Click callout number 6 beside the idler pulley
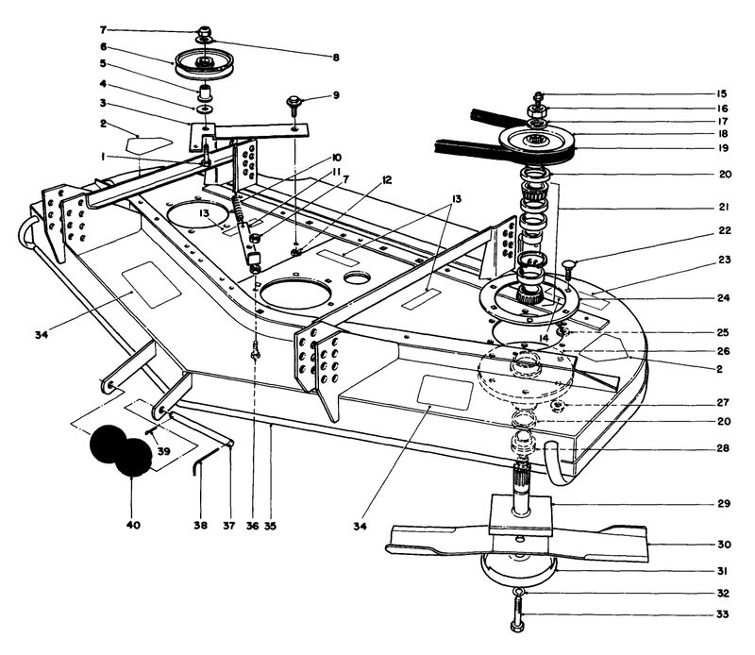pyautogui.click(x=103, y=46)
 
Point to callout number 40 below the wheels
pyautogui.click(x=132, y=525)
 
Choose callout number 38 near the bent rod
pyautogui.click(x=200, y=525)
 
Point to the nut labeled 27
pyautogui.click(x=557, y=406)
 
